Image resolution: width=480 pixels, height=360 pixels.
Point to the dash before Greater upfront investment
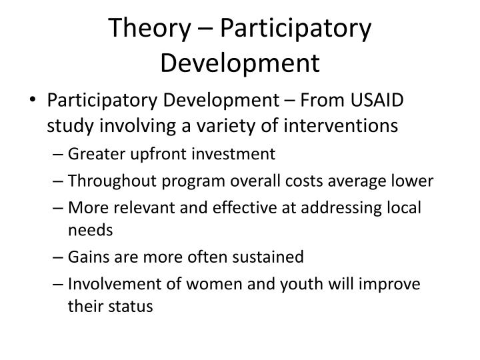click(x=57, y=155)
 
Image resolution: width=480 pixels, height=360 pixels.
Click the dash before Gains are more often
click(x=57, y=257)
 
